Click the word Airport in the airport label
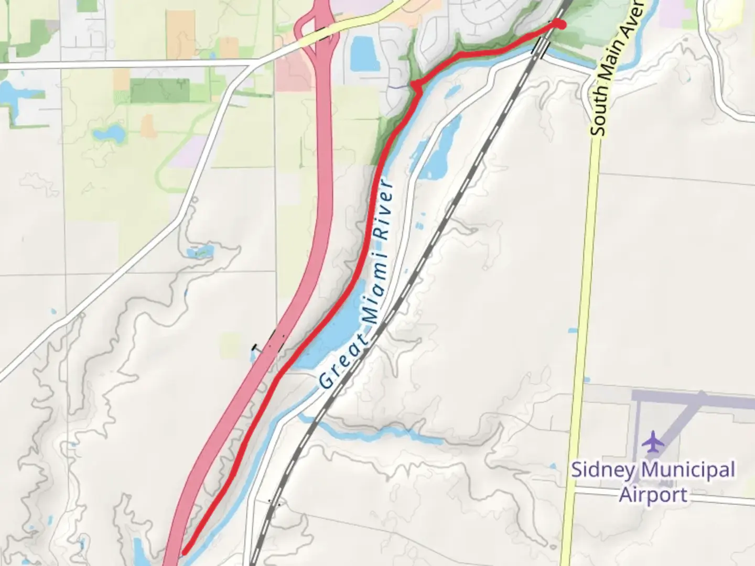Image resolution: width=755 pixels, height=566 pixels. [x=653, y=495]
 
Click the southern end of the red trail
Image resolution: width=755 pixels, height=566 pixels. [x=185, y=551]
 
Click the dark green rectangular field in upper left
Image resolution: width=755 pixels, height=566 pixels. [x=159, y=90]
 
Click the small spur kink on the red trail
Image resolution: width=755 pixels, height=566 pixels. [x=417, y=87]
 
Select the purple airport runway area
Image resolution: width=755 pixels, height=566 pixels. [x=692, y=400]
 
